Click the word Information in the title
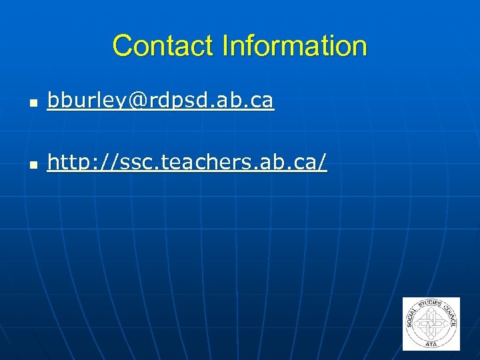pyautogui.click(x=295, y=46)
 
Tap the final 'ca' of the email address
pyautogui.click(x=262, y=101)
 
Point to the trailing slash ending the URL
pyautogui.click(x=323, y=161)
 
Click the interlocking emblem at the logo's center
pyautogui.click(x=431, y=324)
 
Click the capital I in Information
pyautogui.click(x=225, y=46)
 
